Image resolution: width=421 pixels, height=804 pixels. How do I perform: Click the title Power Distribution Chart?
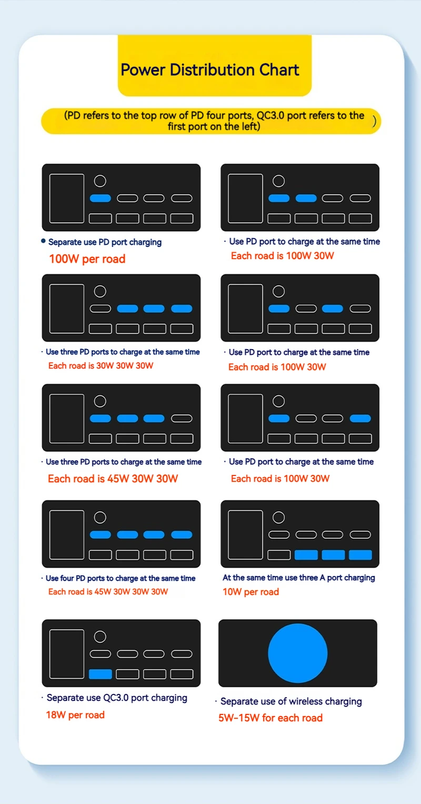(x=210, y=70)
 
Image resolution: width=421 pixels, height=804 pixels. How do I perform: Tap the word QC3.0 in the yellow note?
(x=270, y=115)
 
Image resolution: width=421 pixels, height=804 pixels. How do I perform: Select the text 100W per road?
(x=87, y=259)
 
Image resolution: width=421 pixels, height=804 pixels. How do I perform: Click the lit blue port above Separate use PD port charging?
(x=101, y=198)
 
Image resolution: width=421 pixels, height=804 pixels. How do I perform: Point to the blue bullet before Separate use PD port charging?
(x=43, y=241)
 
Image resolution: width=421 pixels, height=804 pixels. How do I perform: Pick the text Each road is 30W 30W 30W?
(x=101, y=365)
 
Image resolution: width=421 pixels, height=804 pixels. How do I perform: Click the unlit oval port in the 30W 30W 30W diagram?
(x=101, y=309)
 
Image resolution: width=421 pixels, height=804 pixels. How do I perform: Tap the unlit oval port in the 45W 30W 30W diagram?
(x=182, y=418)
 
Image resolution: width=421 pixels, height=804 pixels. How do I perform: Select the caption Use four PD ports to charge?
(x=121, y=578)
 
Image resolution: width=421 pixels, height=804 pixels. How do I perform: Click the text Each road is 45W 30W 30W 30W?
(x=108, y=591)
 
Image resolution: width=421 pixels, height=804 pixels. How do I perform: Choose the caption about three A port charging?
(x=299, y=578)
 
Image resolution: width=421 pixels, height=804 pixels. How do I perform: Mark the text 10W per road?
(x=250, y=591)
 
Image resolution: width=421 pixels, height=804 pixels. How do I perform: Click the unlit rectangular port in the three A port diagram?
(x=279, y=555)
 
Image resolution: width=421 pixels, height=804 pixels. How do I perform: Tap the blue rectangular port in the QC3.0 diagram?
(x=101, y=674)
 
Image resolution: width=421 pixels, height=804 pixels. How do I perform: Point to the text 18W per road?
(x=75, y=714)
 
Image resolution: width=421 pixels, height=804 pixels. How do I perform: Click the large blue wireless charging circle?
(x=298, y=653)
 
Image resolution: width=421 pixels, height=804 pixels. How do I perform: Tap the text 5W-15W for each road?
(x=270, y=718)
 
